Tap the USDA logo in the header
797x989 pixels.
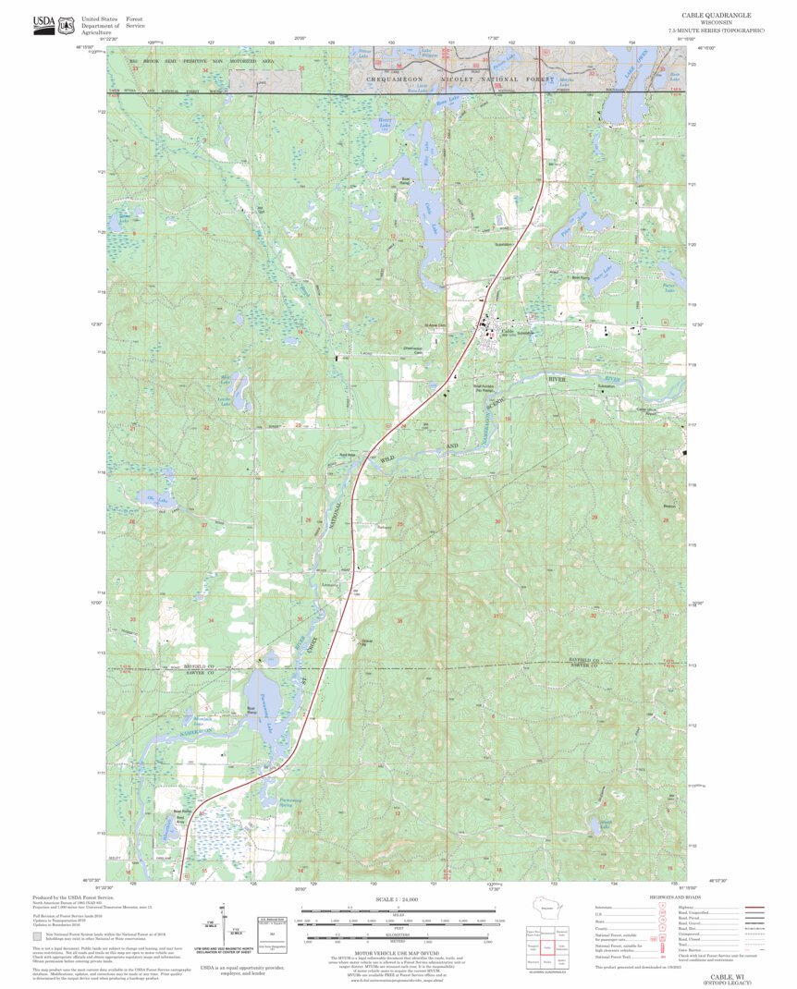43,24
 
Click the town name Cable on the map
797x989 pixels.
506,331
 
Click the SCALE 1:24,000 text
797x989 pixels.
398,899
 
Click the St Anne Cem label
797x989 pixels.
435,325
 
